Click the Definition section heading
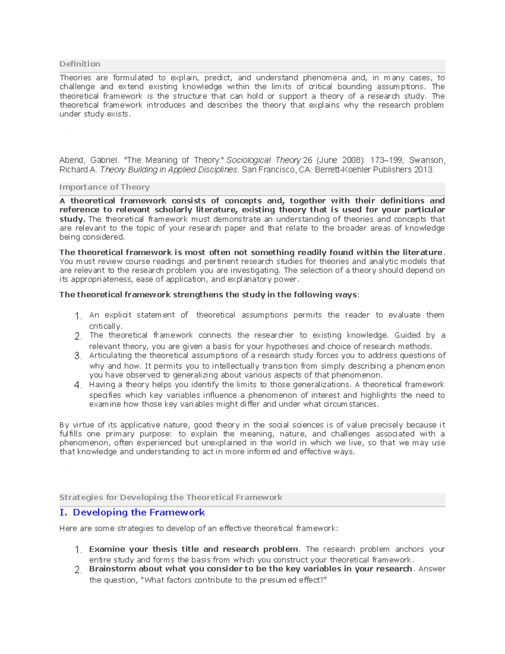pyautogui.click(x=80, y=64)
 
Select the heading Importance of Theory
pyautogui.click(x=104, y=187)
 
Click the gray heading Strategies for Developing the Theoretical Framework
pyautogui.click(x=170, y=497)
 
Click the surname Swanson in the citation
pyautogui.click(x=427, y=160)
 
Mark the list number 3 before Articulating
pyautogui.click(x=77, y=356)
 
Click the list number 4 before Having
pyautogui.click(x=77, y=385)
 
